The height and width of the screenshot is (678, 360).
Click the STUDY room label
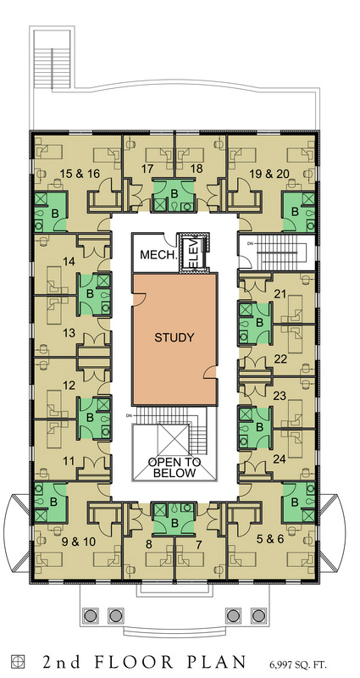click(x=174, y=337)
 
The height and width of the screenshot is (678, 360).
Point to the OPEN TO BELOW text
click(x=174, y=468)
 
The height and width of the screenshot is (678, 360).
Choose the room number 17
click(x=147, y=169)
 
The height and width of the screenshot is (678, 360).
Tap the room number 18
click(x=197, y=169)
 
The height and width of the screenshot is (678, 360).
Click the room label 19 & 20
click(x=269, y=175)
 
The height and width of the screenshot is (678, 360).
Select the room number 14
click(x=69, y=262)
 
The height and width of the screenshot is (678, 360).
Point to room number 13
click(x=69, y=333)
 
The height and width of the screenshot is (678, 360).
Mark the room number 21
click(x=281, y=294)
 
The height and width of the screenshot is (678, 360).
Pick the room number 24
click(x=280, y=459)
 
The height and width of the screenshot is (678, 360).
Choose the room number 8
click(x=149, y=544)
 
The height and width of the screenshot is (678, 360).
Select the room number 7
click(x=199, y=544)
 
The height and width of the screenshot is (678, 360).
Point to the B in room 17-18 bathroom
click(x=174, y=194)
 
